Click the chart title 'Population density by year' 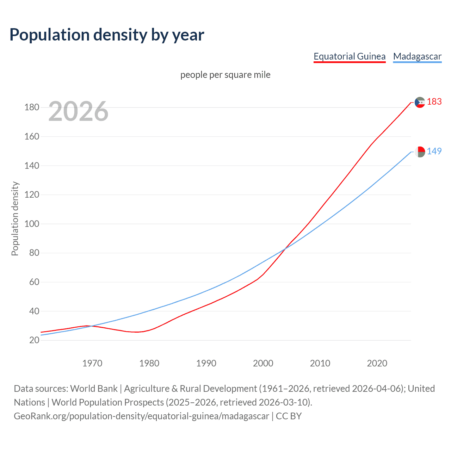[x=107, y=35]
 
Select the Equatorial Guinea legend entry [x=350, y=56]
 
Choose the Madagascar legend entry [x=417, y=56]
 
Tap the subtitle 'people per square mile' [x=225, y=75]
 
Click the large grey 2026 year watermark [x=78, y=111]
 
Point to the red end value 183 [x=434, y=102]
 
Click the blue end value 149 [x=434, y=151]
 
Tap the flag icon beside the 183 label [x=420, y=102]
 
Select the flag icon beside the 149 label [x=420, y=152]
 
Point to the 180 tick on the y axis [x=32, y=107]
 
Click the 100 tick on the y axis [x=32, y=224]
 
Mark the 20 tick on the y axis [x=34, y=340]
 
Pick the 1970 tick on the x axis [x=92, y=363]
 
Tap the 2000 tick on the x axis [x=263, y=363]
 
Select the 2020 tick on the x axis [x=377, y=363]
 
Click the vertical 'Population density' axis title [x=15, y=218]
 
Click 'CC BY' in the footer [x=289, y=416]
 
